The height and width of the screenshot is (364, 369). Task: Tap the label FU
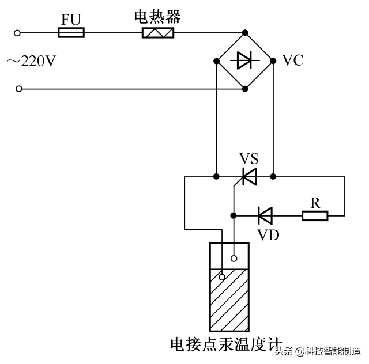[x=71, y=19]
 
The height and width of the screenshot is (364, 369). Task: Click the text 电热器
[x=157, y=17]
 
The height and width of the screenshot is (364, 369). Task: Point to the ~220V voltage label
[x=31, y=60]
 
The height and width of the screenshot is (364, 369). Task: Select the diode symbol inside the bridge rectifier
[x=245, y=60]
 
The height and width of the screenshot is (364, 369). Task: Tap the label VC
[x=293, y=60]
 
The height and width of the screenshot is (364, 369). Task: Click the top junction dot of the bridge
[x=245, y=32]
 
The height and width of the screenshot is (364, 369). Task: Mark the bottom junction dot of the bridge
[x=245, y=89]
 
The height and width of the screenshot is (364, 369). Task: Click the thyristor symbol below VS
[x=249, y=176]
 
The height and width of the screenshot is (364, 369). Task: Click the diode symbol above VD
[x=265, y=216]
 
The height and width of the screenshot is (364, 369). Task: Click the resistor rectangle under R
[x=315, y=216]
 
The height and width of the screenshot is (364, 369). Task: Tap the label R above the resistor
[x=315, y=202]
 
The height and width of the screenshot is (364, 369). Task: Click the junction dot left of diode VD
[x=233, y=216]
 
